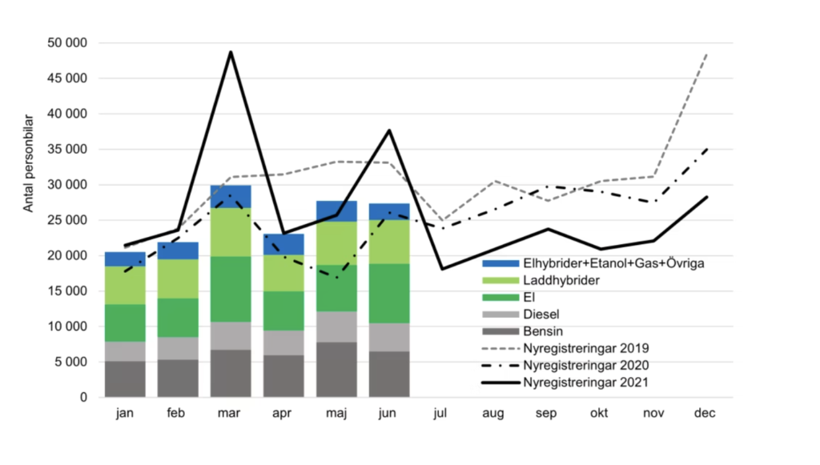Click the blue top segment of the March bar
(231, 196)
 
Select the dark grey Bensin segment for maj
(336, 369)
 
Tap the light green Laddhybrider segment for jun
(389, 242)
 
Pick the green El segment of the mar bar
(231, 289)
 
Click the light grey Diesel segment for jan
(125, 351)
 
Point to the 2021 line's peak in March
(231, 53)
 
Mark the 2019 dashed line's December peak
(706, 54)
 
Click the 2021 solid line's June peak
(389, 130)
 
